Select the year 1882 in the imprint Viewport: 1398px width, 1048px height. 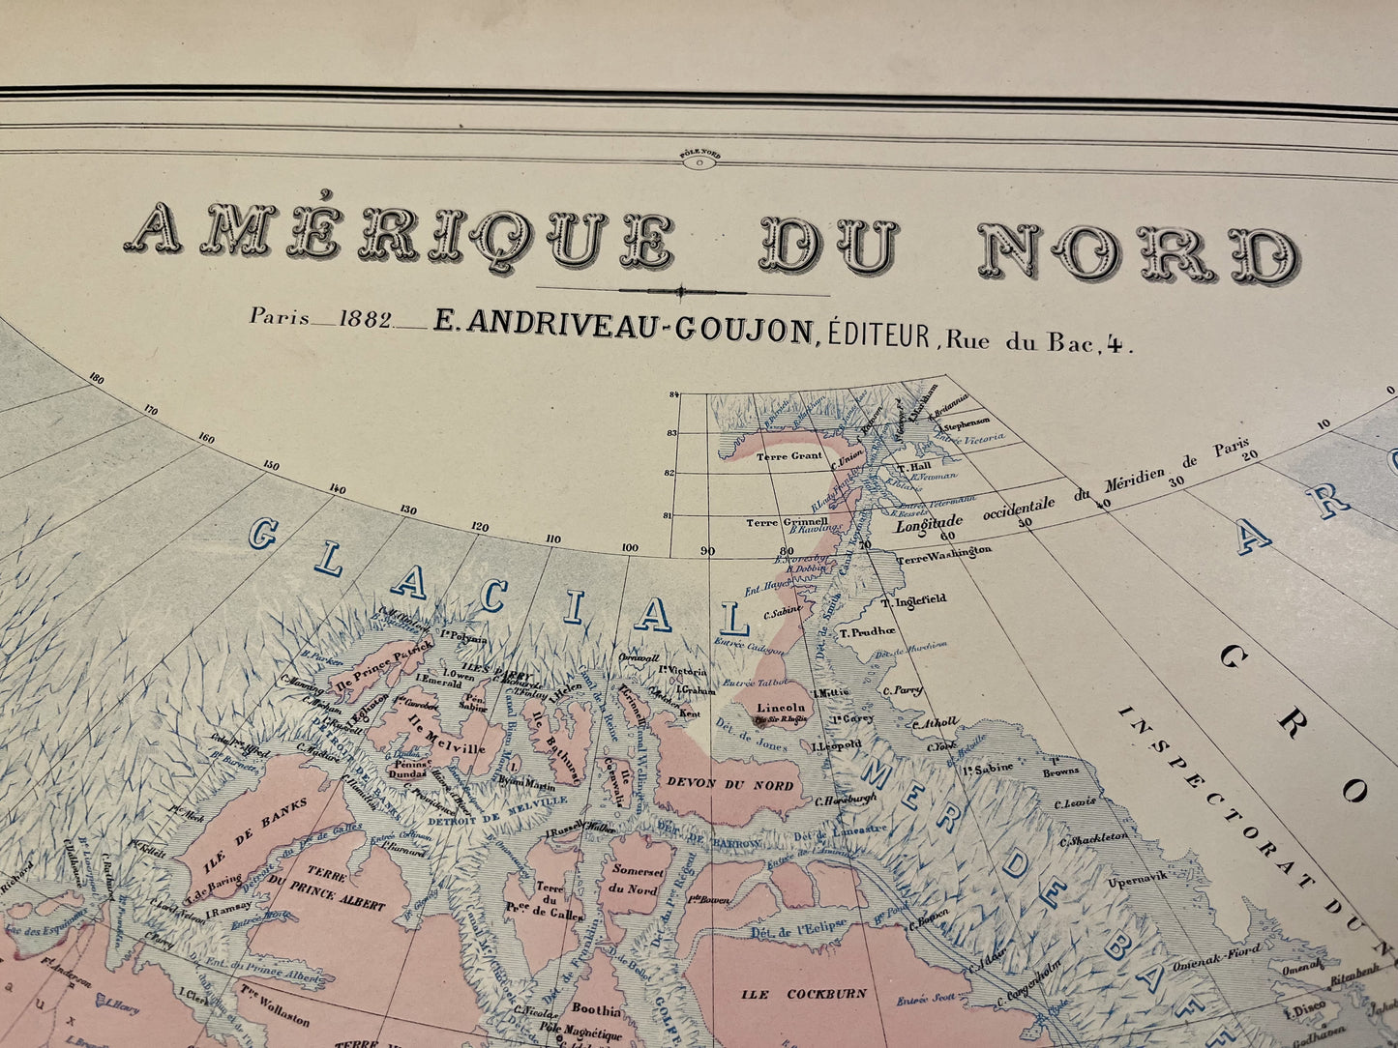click(x=366, y=321)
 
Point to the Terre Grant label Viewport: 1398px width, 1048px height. click(x=789, y=455)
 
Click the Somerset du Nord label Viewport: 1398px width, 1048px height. click(x=635, y=878)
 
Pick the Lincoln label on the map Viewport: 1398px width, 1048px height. click(x=781, y=707)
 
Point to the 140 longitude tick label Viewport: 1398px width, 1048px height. click(x=337, y=489)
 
